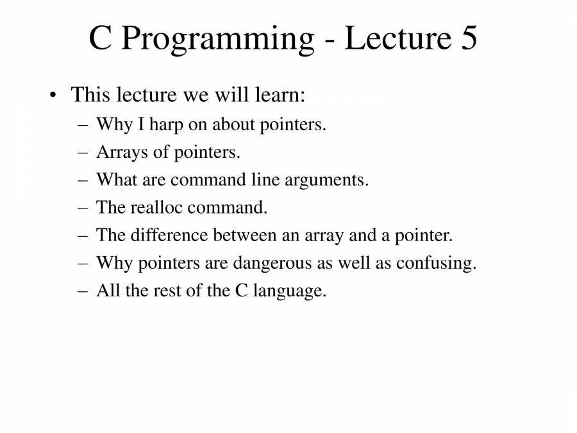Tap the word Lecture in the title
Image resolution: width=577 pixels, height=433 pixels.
(398, 38)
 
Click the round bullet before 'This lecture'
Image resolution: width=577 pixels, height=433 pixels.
(53, 96)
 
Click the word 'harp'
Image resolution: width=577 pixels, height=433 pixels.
(166, 126)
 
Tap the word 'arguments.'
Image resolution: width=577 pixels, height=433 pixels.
(326, 181)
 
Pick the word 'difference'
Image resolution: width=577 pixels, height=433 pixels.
(169, 235)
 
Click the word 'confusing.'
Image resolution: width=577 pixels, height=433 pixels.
(436, 264)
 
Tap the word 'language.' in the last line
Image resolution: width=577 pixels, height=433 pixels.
(290, 291)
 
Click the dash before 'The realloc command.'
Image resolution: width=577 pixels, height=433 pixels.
(83, 208)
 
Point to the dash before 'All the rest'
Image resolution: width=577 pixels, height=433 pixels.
(83, 291)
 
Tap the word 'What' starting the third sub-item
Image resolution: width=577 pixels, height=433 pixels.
(117, 180)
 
